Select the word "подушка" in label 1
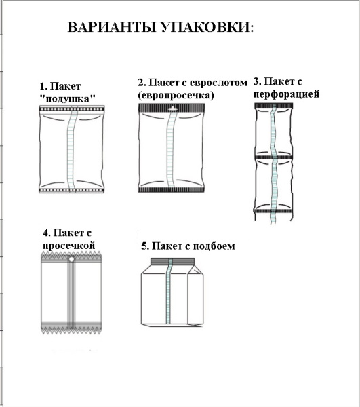click(x=67, y=98)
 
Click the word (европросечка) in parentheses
click(x=176, y=95)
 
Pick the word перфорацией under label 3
click(x=285, y=94)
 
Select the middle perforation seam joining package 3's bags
click(x=273, y=157)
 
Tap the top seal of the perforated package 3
click(x=273, y=106)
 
